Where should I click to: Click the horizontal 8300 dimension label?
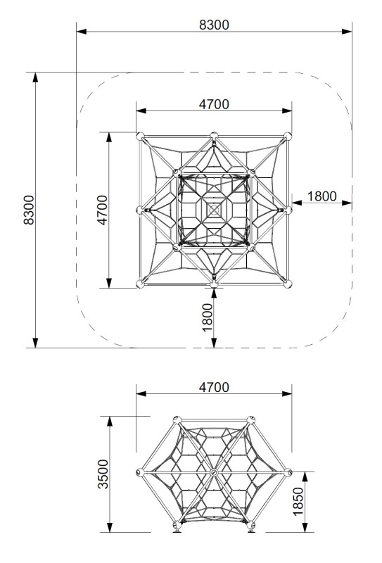(x=214, y=25)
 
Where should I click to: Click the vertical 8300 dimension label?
(x=29, y=210)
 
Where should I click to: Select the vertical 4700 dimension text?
(x=102, y=210)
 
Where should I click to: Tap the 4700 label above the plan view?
(x=214, y=104)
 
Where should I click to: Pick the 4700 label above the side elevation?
(x=214, y=388)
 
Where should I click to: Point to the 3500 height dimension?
(x=103, y=474)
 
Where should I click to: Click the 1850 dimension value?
(x=298, y=502)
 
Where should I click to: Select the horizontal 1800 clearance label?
(x=322, y=196)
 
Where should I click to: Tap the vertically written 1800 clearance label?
(x=207, y=317)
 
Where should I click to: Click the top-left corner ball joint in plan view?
(x=140, y=136)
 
